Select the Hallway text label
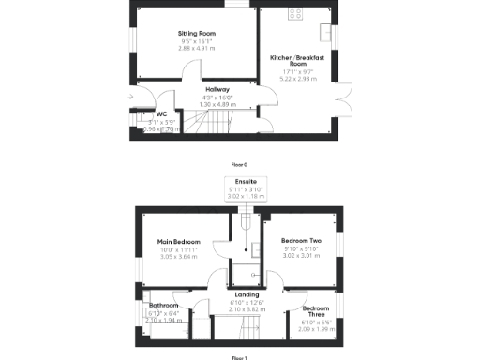[217, 90]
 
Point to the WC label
[147, 115]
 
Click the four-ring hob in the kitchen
[299, 14]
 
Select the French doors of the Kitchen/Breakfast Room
[342, 92]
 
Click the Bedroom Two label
[302, 240]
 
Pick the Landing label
[247, 294]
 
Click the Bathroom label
[163, 306]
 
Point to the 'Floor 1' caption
[239, 357]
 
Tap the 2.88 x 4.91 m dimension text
[196, 48]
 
